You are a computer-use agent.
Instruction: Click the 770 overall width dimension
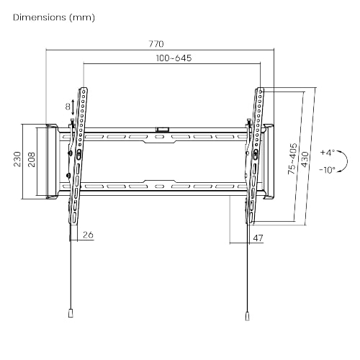156,44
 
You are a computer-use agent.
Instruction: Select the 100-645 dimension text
174,58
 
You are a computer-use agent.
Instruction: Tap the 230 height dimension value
17,159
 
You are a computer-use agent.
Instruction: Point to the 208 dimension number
32,159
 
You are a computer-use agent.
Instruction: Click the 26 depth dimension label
88,235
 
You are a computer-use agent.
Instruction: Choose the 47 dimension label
258,238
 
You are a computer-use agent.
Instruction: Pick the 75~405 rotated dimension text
292,158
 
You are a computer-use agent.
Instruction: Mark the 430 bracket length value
305,159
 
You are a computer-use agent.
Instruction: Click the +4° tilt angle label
328,153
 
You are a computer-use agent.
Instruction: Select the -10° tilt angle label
327,170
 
